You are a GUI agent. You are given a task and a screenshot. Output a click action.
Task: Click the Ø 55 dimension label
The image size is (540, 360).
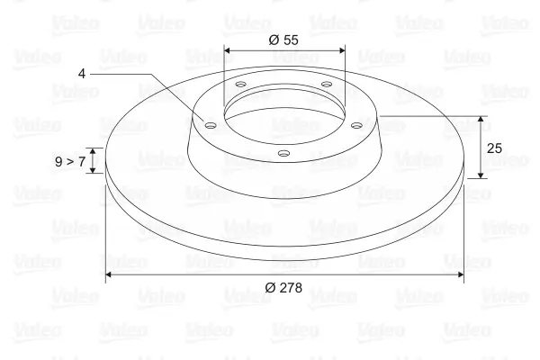[x=283, y=40]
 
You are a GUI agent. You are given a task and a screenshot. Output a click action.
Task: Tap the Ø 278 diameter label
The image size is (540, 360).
[x=283, y=288]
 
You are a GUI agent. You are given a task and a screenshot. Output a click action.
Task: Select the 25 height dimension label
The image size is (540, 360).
[x=494, y=148]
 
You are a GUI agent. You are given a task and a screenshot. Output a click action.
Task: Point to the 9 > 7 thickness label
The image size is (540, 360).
[x=70, y=161]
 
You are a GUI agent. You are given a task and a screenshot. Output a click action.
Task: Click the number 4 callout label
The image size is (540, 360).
[x=82, y=74]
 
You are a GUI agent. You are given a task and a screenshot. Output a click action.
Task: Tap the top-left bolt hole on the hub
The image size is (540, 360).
[x=241, y=84]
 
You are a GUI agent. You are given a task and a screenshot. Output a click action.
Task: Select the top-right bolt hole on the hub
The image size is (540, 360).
[x=326, y=84]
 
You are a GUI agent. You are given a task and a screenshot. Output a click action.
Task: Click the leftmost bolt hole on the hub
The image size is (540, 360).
[x=210, y=125]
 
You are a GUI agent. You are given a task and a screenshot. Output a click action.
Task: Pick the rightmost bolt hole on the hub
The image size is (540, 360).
[x=356, y=125]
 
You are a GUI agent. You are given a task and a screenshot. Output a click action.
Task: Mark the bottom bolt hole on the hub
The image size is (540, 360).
[x=283, y=153]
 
